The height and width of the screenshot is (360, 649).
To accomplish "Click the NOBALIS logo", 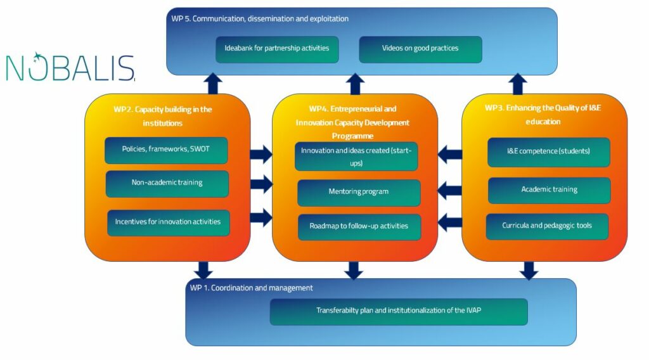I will [x=70, y=67].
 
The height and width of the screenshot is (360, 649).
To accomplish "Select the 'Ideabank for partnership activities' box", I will [x=277, y=49].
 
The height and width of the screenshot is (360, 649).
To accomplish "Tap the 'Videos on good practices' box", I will [x=420, y=49].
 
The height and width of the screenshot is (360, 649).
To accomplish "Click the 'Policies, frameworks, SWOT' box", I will [x=166, y=150].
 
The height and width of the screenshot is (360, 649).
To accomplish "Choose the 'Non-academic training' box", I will [x=167, y=183].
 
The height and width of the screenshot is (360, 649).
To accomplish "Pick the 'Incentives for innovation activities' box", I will [x=168, y=222].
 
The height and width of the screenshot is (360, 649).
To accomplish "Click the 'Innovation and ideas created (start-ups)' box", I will [x=356, y=157].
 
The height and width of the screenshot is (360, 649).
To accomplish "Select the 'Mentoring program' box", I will [x=359, y=192].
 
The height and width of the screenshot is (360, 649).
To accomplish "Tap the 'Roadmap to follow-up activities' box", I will [x=359, y=227].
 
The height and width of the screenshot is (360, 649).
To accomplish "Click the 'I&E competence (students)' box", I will [x=549, y=152].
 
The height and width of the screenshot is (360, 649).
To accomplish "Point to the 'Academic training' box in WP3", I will [x=549, y=190].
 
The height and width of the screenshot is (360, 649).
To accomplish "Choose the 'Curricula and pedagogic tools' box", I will [x=547, y=226].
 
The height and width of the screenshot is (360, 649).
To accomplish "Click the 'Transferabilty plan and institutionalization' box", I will [x=399, y=311].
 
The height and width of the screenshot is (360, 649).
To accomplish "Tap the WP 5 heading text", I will [x=260, y=19].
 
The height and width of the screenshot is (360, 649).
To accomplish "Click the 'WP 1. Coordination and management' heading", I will [x=252, y=288].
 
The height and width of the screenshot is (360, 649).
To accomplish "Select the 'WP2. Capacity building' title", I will [x=163, y=115].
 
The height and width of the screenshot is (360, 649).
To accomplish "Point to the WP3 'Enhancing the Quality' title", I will [x=543, y=114].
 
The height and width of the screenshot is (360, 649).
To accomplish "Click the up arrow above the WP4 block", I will [x=356, y=84].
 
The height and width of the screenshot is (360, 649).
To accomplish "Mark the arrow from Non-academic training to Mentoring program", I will [x=261, y=184].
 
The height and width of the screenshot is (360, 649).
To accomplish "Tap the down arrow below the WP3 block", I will [x=528, y=270].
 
